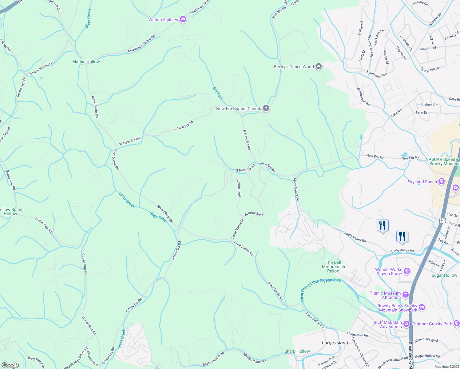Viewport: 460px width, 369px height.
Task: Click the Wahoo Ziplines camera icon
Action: pyautogui.click(x=183, y=20)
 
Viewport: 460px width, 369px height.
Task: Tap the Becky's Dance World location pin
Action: pyautogui.click(x=319, y=66)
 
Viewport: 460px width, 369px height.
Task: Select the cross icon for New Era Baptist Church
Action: pyautogui.click(x=266, y=108)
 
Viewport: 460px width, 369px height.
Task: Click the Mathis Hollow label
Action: pyautogui.click(x=86, y=61)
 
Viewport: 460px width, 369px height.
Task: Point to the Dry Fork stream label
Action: pyautogui.click(x=218, y=93)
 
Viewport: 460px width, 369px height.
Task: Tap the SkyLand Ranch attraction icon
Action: pyautogui.click(x=442, y=181)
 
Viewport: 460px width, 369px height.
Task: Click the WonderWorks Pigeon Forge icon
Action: pyautogui.click(x=407, y=271)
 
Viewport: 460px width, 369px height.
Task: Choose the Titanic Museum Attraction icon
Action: pyautogui.click(x=406, y=295)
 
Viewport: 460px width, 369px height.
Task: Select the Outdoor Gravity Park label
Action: pyautogui.click(x=432, y=324)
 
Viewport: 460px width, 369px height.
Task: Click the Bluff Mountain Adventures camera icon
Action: pyautogui.click(x=406, y=324)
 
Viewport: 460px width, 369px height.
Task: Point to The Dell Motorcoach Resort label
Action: pyautogui.click(x=333, y=267)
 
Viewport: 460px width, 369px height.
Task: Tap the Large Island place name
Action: pyautogui.click(x=335, y=343)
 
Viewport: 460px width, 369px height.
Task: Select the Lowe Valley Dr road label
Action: pyautogui.click(x=237, y=228)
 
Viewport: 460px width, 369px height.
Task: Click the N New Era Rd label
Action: pyautogui.click(x=247, y=140)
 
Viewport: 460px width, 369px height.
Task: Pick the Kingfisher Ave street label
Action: pyautogui.click(x=377, y=74)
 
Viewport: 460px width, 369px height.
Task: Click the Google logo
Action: pyautogui.click(x=10, y=365)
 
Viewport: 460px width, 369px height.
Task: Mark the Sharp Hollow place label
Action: pyautogui.click(x=297, y=351)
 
